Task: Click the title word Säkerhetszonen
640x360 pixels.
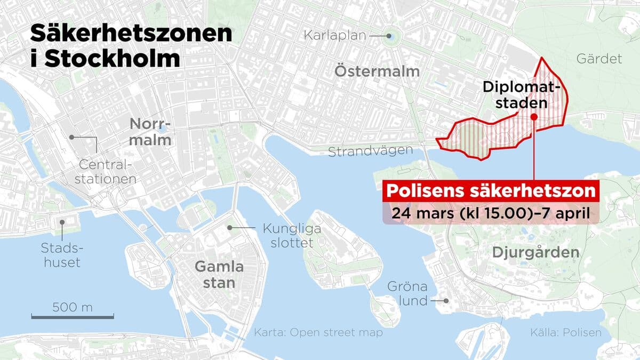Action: pyautogui.click(x=131, y=34)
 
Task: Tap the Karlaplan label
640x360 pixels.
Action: pyautogui.click(x=335, y=36)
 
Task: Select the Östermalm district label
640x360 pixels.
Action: pyautogui.click(x=377, y=71)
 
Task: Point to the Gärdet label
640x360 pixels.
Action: pyautogui.click(x=599, y=59)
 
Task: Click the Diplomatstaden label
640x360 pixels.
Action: pyautogui.click(x=522, y=94)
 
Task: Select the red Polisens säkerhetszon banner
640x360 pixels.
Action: pyautogui.click(x=489, y=191)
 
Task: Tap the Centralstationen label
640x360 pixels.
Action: pyautogui.click(x=105, y=171)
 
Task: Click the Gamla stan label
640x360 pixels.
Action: pyautogui.click(x=219, y=274)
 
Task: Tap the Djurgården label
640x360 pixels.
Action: pyautogui.click(x=544, y=252)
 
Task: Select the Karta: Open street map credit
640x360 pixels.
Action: pyautogui.click(x=318, y=333)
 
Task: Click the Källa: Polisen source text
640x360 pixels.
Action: pyautogui.click(x=565, y=333)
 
